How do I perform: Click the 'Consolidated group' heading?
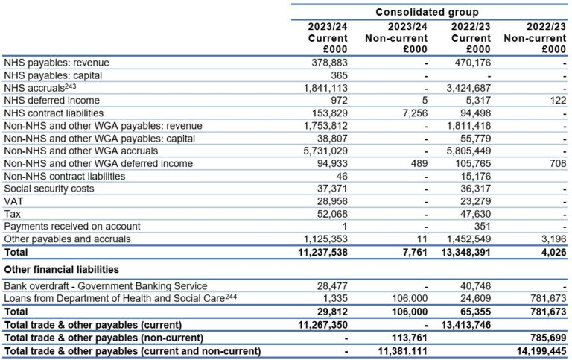[x=427, y=13]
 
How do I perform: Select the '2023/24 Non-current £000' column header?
[x=397, y=38]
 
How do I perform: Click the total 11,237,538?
[x=319, y=252]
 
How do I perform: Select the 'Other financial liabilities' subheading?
[x=62, y=269]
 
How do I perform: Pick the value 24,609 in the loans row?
[x=474, y=299]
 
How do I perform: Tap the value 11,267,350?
[x=319, y=324]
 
